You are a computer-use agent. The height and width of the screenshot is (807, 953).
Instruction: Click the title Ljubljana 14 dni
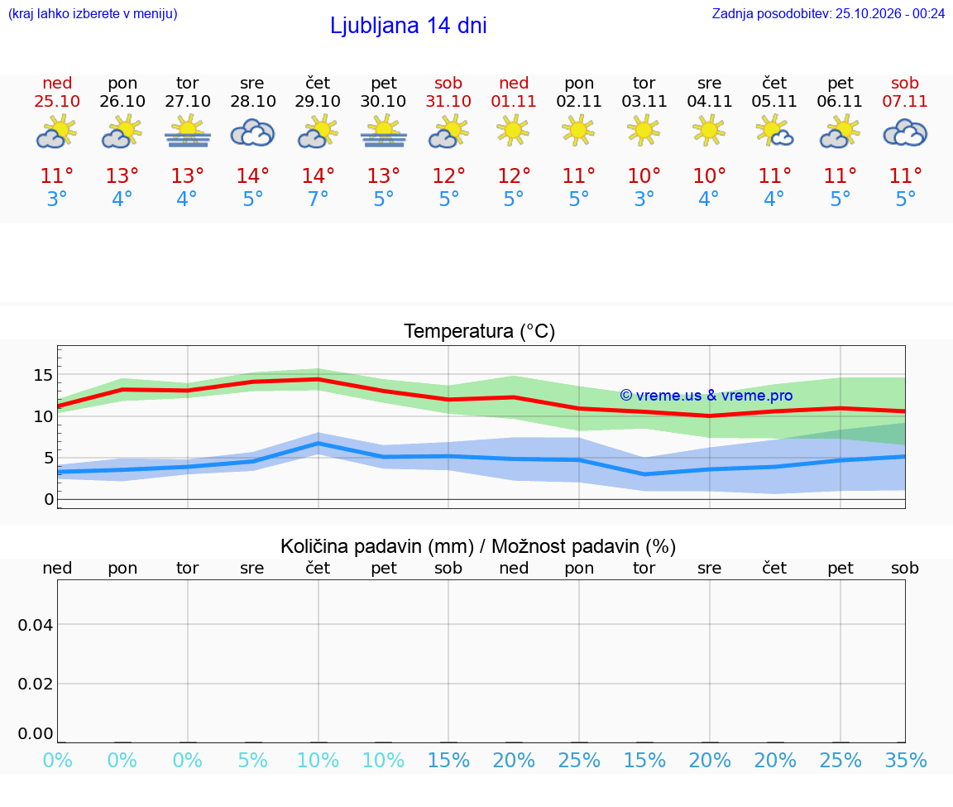point(408,26)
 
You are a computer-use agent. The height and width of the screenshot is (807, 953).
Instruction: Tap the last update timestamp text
point(828,14)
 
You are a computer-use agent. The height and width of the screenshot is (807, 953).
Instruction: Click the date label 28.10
point(253,101)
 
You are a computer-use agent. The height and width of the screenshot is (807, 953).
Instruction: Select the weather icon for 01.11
point(513,132)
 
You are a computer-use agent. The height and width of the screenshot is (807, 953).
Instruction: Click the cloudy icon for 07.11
point(905,133)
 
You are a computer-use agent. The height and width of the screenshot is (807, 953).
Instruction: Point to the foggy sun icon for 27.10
point(187,132)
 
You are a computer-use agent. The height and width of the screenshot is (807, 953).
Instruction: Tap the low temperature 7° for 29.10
point(318,199)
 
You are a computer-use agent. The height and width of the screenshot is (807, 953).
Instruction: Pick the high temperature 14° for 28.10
point(252,175)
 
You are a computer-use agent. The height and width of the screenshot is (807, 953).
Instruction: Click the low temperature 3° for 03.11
point(644,199)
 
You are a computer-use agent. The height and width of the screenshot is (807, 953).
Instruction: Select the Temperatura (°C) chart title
point(480,331)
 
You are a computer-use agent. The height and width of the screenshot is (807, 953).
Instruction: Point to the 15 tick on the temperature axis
point(44,375)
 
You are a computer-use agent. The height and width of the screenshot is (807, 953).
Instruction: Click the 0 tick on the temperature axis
point(49,499)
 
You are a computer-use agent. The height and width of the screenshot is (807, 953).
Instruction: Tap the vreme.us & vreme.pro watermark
point(706,396)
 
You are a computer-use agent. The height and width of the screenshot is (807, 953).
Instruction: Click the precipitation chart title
point(478,546)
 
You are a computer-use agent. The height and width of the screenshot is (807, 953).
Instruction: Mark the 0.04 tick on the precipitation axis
point(36,625)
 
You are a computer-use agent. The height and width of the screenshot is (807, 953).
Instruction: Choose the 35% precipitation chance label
point(905,760)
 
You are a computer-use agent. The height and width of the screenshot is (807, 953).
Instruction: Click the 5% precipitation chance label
point(252,760)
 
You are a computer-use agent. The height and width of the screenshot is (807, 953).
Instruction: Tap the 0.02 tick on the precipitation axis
point(36,684)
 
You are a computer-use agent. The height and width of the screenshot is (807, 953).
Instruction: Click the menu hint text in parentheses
point(93,14)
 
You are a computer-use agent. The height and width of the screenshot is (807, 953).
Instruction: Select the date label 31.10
point(448,101)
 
